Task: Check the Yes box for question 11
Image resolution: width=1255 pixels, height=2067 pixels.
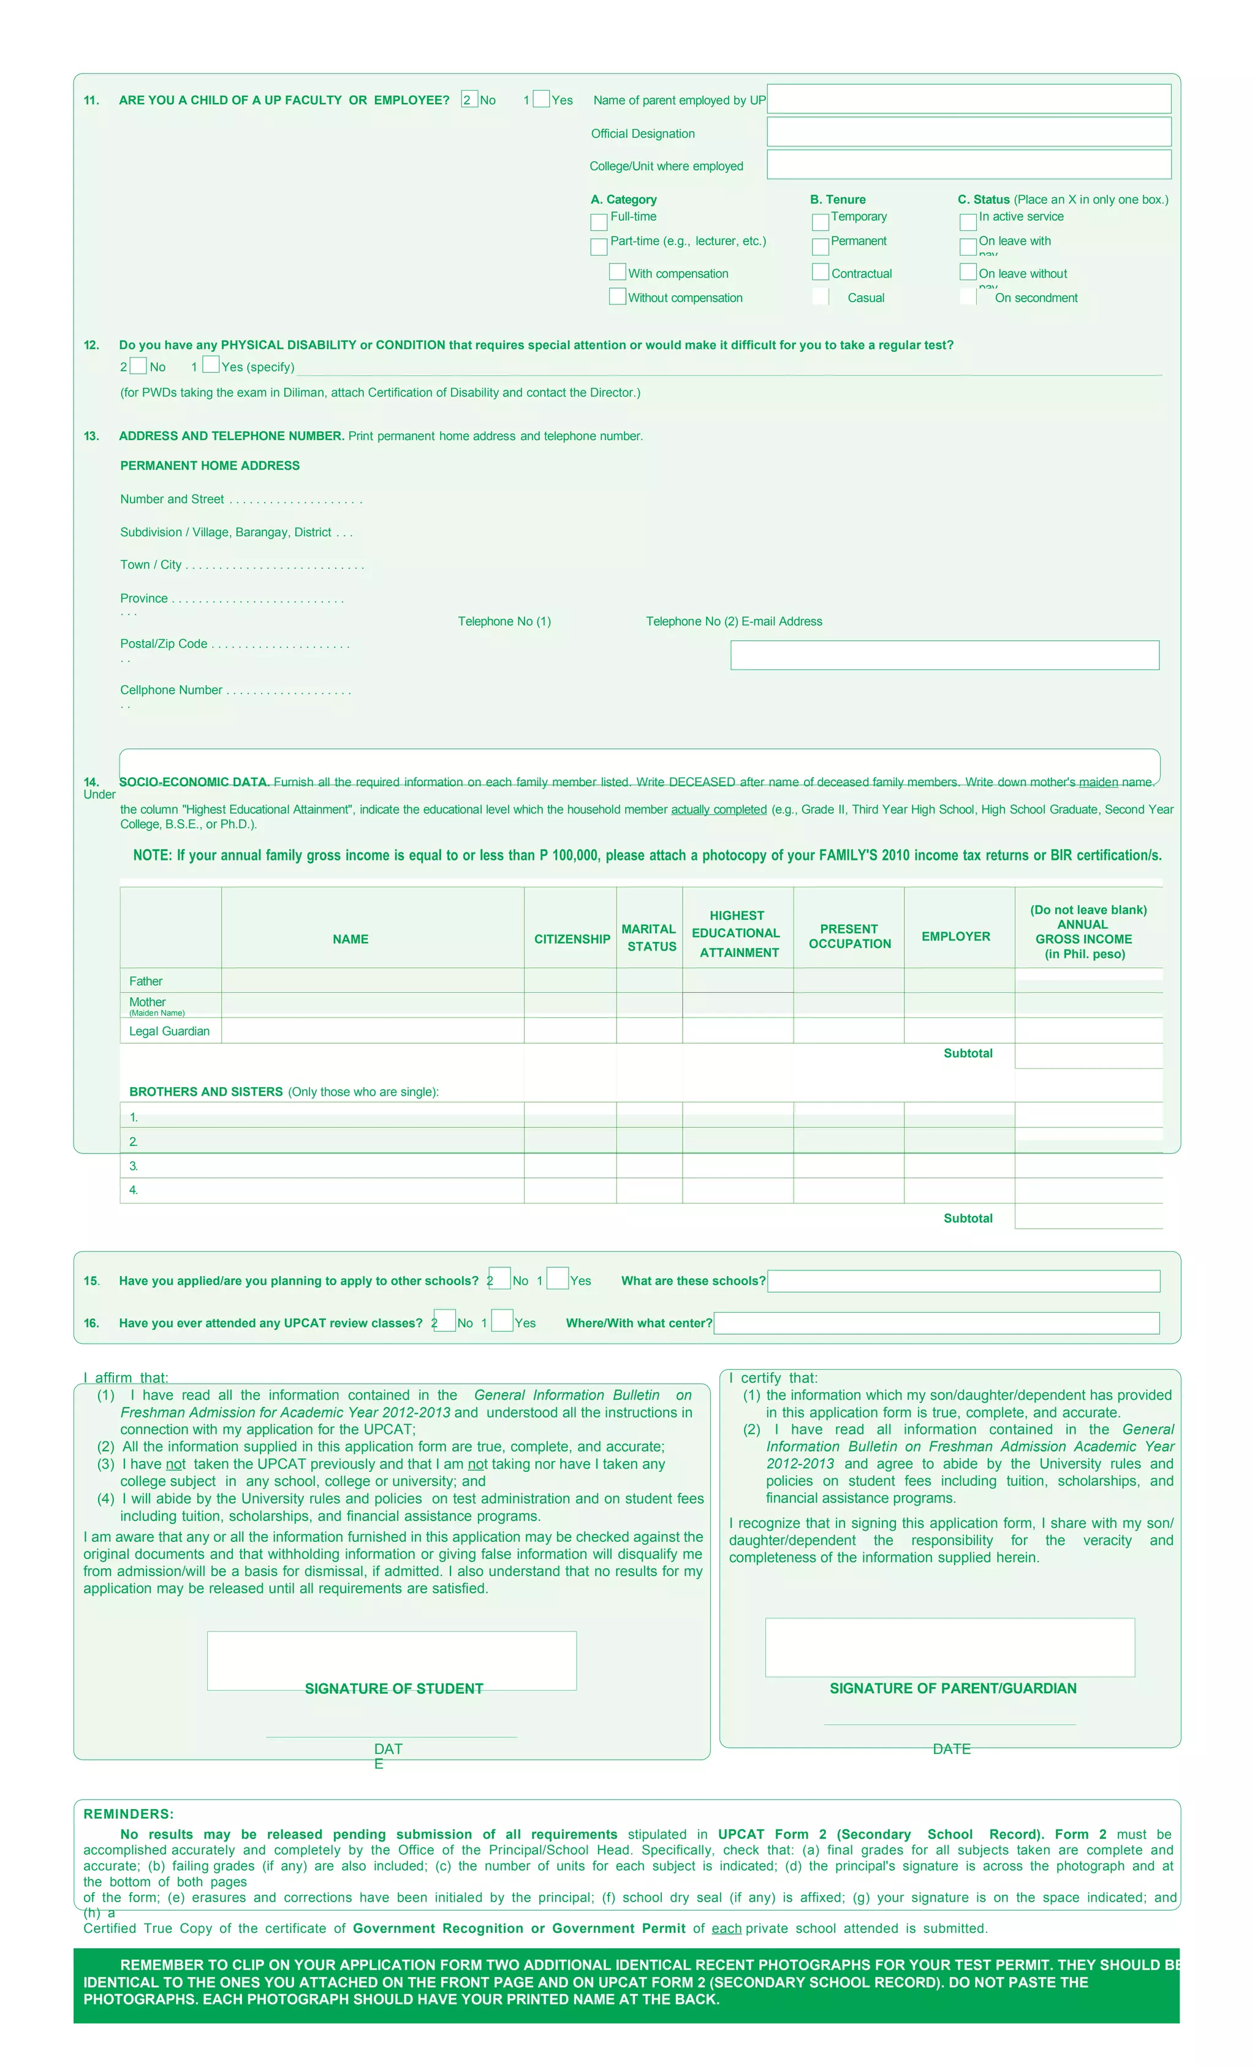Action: pyautogui.click(x=541, y=99)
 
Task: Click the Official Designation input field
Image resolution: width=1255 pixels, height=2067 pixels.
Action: pyautogui.click(x=968, y=132)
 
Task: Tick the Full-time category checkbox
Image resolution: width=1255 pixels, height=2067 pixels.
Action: pyautogui.click(x=599, y=221)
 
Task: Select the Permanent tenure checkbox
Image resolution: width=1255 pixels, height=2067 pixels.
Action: pyautogui.click(x=819, y=246)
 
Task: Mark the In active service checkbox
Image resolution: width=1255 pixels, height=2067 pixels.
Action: pyautogui.click(x=967, y=221)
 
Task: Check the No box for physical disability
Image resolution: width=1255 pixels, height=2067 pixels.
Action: pyautogui.click(x=138, y=366)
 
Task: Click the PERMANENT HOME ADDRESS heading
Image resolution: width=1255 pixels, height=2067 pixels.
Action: pyautogui.click(x=210, y=466)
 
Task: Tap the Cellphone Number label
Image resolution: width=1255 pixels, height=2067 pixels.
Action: pyautogui.click(x=171, y=689)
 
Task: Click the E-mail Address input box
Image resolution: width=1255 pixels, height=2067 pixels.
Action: pyautogui.click(x=944, y=654)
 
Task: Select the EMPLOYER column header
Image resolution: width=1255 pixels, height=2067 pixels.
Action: pyautogui.click(x=955, y=936)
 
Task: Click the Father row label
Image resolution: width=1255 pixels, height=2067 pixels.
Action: pyautogui.click(x=146, y=980)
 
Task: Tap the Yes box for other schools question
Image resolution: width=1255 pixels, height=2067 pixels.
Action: pyautogui.click(x=558, y=1278)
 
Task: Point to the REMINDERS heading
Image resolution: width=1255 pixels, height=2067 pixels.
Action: pyautogui.click(x=128, y=1814)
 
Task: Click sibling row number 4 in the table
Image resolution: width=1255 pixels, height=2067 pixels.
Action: pyautogui.click(x=322, y=1190)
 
